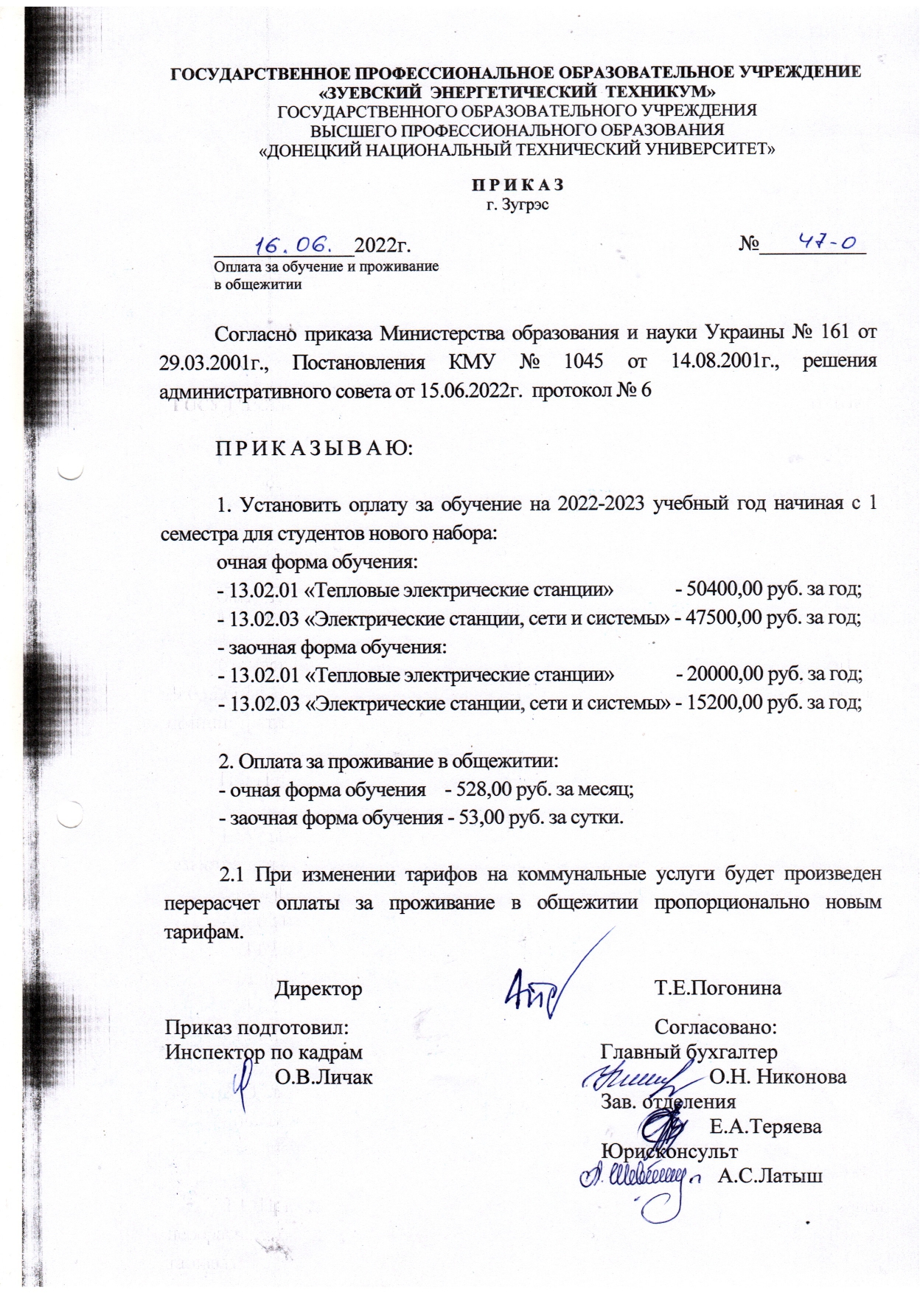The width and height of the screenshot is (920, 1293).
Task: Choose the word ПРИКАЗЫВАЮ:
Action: (313, 448)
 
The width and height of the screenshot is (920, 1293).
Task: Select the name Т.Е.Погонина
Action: (717, 988)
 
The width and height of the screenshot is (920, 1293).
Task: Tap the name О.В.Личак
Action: (323, 1077)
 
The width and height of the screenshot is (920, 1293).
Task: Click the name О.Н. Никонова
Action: (777, 1076)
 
